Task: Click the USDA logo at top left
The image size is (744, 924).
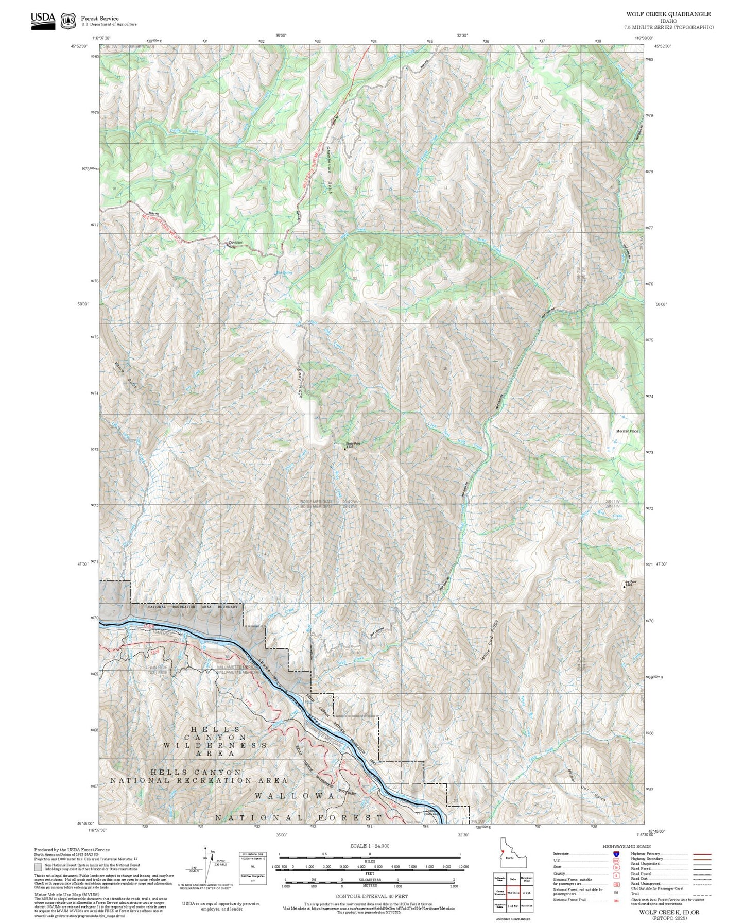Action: click(x=43, y=20)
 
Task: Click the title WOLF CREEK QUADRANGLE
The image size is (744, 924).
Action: click(x=668, y=14)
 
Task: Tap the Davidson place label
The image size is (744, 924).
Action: click(x=236, y=242)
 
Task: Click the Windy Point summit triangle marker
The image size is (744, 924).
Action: click(x=344, y=449)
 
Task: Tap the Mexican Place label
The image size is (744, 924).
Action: click(x=627, y=431)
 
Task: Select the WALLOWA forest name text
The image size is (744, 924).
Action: click(x=295, y=796)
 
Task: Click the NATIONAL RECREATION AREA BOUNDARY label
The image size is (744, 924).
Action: click(x=193, y=607)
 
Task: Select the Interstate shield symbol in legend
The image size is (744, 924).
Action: click(x=616, y=853)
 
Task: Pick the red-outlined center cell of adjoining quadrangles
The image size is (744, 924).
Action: click(x=513, y=892)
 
